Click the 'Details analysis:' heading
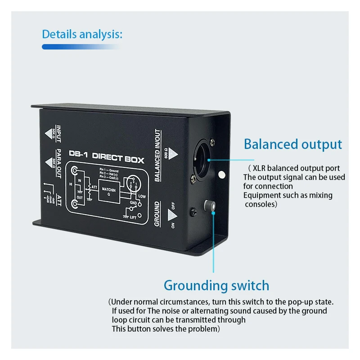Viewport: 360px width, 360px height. (x=81, y=34)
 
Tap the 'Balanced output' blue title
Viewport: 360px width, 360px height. (x=292, y=144)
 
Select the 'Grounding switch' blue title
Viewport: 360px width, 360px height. (x=216, y=285)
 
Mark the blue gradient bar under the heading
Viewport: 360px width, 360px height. (x=81, y=46)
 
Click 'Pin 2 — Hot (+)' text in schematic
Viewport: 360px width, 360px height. (x=109, y=174)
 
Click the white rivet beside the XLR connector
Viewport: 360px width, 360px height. (x=221, y=174)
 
